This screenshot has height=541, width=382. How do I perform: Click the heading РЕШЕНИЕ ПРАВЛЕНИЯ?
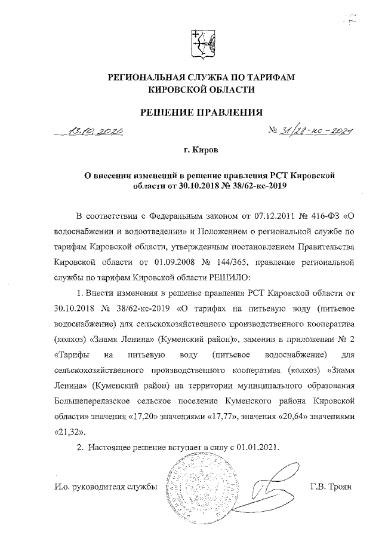(x=201, y=111)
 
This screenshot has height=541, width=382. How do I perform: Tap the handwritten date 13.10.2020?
(x=95, y=132)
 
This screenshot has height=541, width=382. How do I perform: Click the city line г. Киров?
(x=201, y=152)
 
